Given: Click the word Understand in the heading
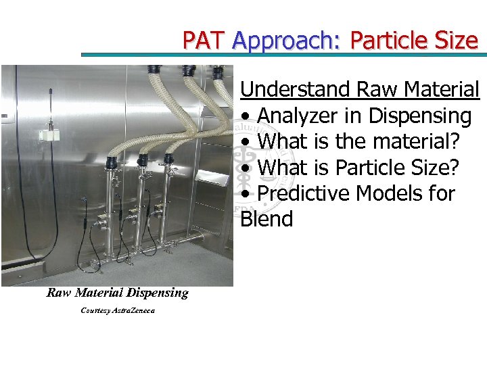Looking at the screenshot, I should click(x=296, y=89).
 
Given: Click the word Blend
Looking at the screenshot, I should click(x=266, y=219).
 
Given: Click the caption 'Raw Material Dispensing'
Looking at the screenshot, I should click(x=117, y=293).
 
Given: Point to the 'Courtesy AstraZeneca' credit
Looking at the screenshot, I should click(x=117, y=310).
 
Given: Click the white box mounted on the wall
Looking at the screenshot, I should click(x=49, y=135).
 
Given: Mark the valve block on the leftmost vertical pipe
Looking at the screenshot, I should click(x=101, y=221).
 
